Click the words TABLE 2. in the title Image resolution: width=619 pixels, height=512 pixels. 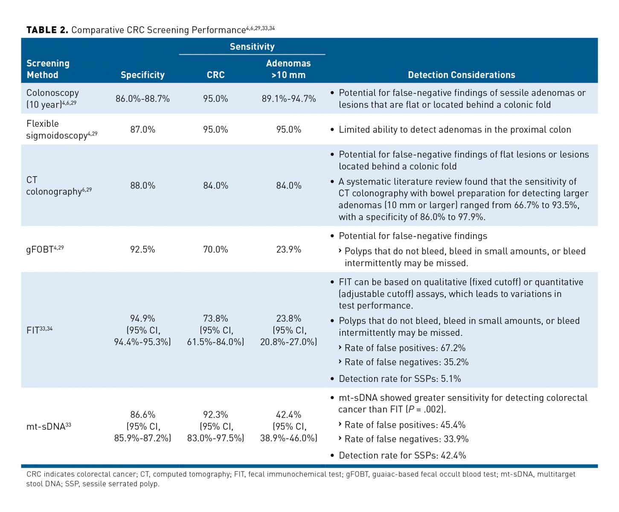click(47, 30)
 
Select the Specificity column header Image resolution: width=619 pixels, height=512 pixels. click(142, 75)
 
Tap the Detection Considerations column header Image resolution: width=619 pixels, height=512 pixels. click(461, 75)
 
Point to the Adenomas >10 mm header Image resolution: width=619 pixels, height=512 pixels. click(288, 69)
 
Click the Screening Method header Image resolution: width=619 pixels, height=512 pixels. click(48, 69)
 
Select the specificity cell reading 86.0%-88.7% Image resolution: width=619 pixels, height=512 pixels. click(142, 99)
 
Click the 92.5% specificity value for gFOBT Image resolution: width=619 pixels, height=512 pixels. click(142, 249)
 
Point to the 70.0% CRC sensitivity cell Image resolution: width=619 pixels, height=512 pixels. click(215, 249)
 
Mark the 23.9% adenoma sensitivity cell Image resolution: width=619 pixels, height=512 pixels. click(289, 249)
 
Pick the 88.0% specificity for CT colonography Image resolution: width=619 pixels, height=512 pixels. click(142, 186)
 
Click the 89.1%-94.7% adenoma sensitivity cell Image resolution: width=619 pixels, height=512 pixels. click(289, 99)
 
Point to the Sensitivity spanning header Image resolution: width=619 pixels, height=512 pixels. click(252, 47)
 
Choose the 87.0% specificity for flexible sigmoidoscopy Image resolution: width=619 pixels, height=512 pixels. click(142, 130)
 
